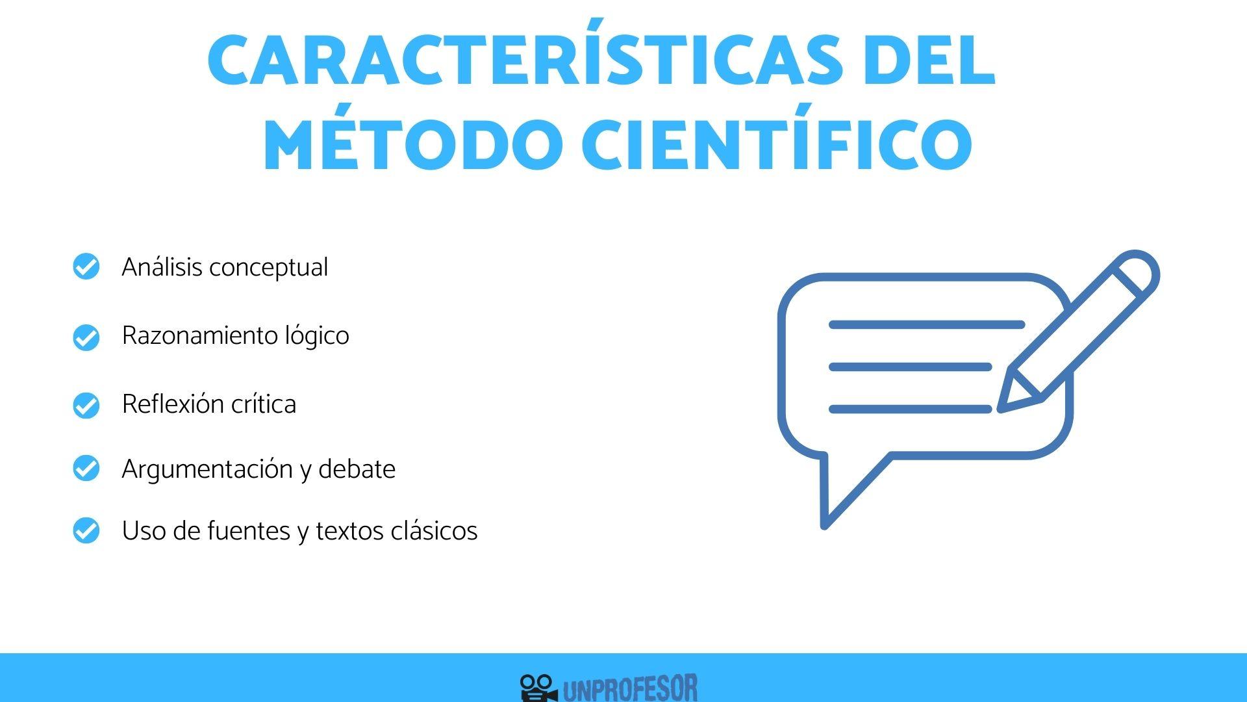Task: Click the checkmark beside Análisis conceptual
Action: tap(86, 266)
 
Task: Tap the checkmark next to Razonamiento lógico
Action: tap(86, 337)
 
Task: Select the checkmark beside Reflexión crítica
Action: tap(86, 405)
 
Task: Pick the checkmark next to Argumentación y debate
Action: tap(86, 468)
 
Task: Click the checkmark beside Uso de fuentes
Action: tap(86, 530)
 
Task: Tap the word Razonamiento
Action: tap(200, 336)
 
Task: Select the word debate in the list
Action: tap(357, 469)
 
